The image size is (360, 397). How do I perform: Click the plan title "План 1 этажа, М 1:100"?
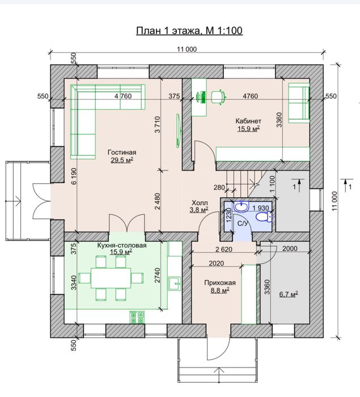click(x=189, y=31)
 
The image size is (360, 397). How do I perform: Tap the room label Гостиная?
click(x=122, y=153)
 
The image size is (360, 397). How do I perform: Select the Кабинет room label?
click(x=248, y=121)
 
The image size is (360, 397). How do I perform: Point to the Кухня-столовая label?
click(x=122, y=246)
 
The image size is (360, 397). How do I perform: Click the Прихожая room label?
click(x=220, y=282)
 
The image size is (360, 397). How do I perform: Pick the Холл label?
click(x=200, y=202)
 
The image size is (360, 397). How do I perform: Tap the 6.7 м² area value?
click(x=289, y=294)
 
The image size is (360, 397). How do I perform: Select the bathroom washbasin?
click(x=242, y=206)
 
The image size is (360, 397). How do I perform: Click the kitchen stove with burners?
click(x=137, y=318)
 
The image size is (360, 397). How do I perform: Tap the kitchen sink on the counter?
click(x=175, y=284)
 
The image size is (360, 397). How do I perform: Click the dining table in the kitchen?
click(x=111, y=278)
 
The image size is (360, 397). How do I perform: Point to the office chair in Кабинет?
click(x=218, y=97)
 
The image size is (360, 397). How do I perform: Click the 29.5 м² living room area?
click(x=122, y=160)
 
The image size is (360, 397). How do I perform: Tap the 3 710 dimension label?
click(x=158, y=124)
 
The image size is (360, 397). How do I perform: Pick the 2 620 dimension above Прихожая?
click(x=224, y=250)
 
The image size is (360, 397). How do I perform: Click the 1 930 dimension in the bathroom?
click(x=261, y=208)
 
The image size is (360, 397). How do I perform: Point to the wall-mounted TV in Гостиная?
click(x=179, y=130)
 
